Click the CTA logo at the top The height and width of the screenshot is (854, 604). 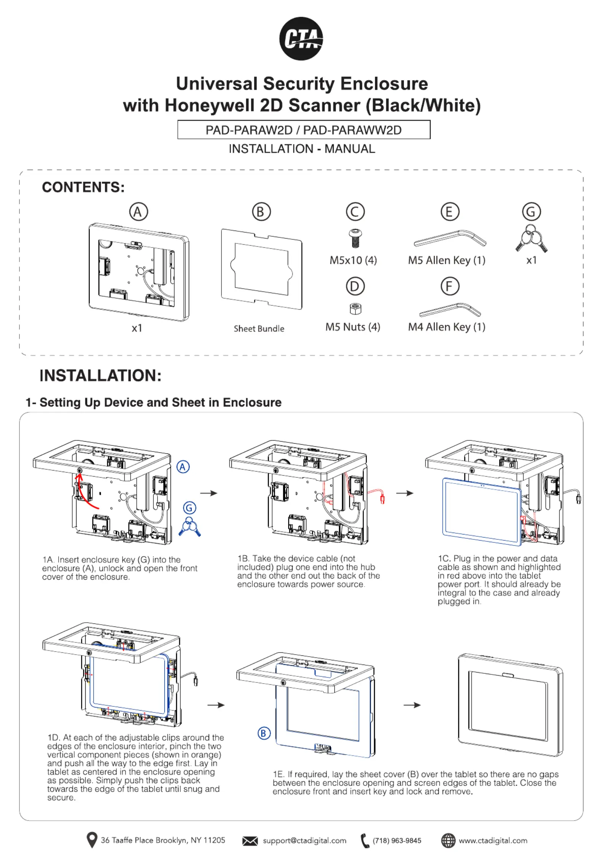[x=301, y=38]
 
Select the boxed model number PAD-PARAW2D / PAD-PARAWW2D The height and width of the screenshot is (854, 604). [x=303, y=130]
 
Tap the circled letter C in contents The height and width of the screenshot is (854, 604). [x=355, y=212]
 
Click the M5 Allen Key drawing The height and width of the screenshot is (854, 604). [x=449, y=239]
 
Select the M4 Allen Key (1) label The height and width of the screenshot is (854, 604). [x=446, y=327]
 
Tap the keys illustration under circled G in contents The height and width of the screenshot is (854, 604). [x=531, y=239]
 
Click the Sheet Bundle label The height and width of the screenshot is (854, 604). [x=259, y=329]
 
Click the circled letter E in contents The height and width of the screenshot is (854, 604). [x=450, y=212]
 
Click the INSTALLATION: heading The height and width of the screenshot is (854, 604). [x=100, y=375]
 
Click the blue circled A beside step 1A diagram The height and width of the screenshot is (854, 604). [x=183, y=467]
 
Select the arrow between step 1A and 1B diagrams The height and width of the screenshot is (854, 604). [x=209, y=493]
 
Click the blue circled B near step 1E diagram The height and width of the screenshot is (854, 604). [x=264, y=733]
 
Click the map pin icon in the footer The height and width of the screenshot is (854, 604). [x=92, y=840]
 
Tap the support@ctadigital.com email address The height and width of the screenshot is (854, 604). [x=304, y=840]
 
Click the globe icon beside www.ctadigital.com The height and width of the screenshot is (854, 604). [x=448, y=840]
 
